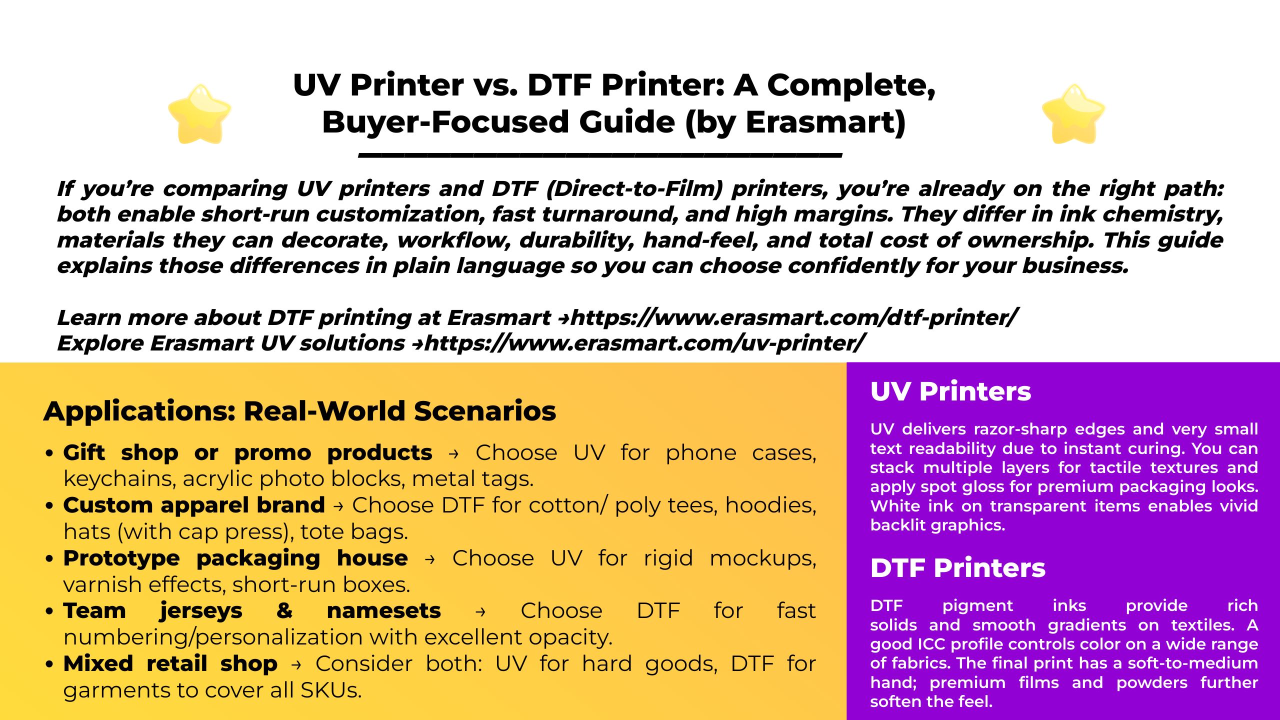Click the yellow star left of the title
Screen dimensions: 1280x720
tap(199, 114)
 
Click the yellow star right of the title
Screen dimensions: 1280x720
tap(1073, 114)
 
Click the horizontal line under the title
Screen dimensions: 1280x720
tap(600, 155)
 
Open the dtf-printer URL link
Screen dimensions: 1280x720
tap(793, 318)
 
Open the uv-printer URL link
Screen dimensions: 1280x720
tap(644, 343)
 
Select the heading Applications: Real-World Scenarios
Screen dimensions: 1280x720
tap(300, 411)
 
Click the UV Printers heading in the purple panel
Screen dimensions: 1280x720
tap(950, 391)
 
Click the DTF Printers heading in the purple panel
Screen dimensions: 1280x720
tap(958, 568)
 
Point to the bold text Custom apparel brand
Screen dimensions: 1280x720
tap(194, 505)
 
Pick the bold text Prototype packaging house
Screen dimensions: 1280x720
tap(235, 558)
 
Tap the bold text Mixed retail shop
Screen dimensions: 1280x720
tap(170, 664)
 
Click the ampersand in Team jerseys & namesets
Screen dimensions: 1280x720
tap(284, 610)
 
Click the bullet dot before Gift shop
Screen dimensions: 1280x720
tap(49, 453)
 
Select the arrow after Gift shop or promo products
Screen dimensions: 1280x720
tap(453, 454)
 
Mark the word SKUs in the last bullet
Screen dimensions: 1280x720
tap(330, 690)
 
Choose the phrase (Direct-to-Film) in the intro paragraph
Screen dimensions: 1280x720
tap(635, 189)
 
